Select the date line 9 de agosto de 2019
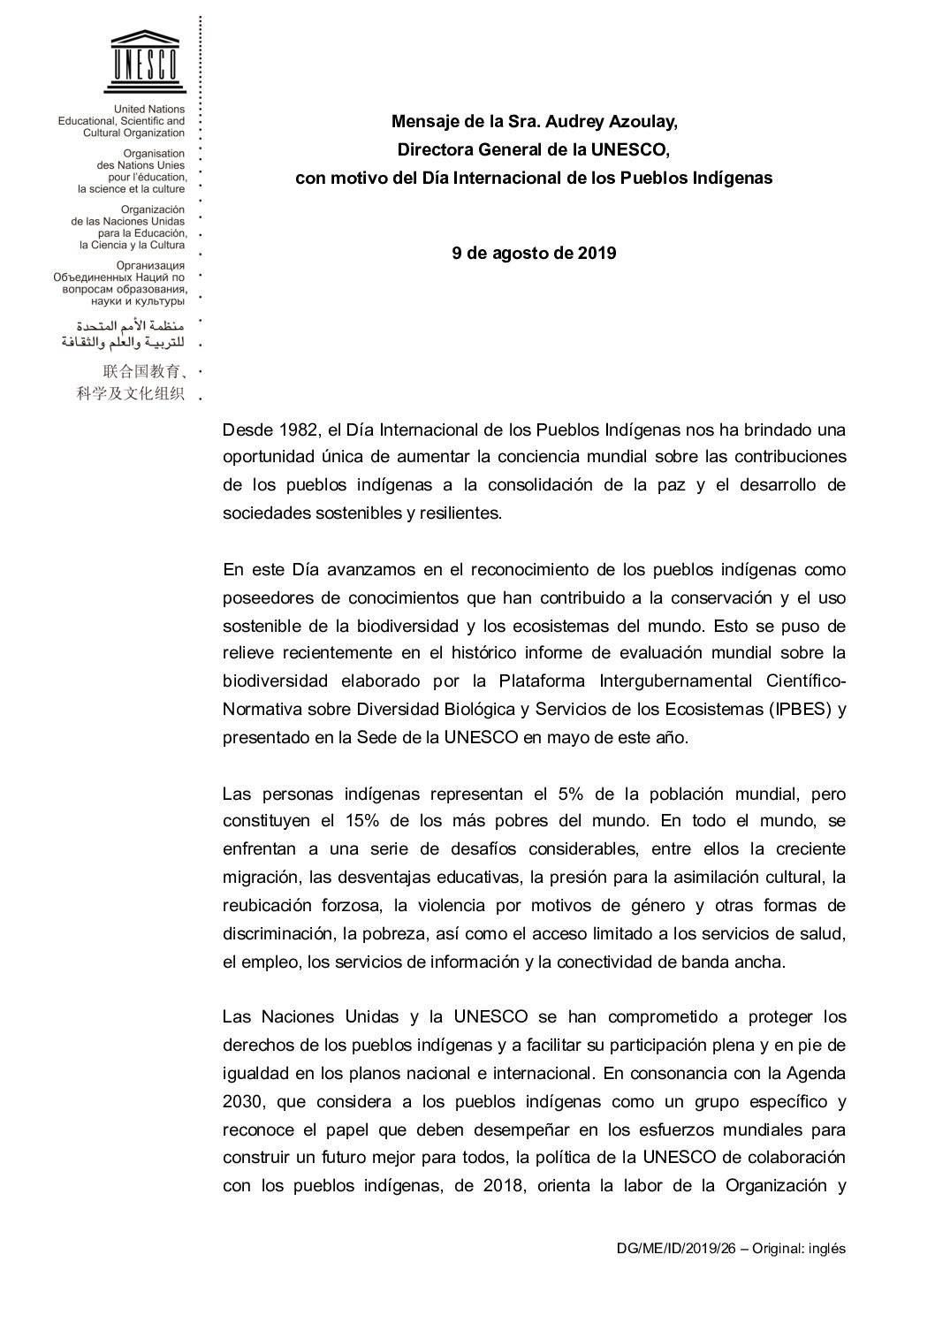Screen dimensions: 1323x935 pos(534,253)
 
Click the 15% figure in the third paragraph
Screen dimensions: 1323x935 pos(359,820)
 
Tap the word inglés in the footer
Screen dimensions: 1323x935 pos(826,1249)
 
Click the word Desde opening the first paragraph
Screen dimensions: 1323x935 pos(247,430)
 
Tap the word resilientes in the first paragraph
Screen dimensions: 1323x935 pos(456,513)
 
